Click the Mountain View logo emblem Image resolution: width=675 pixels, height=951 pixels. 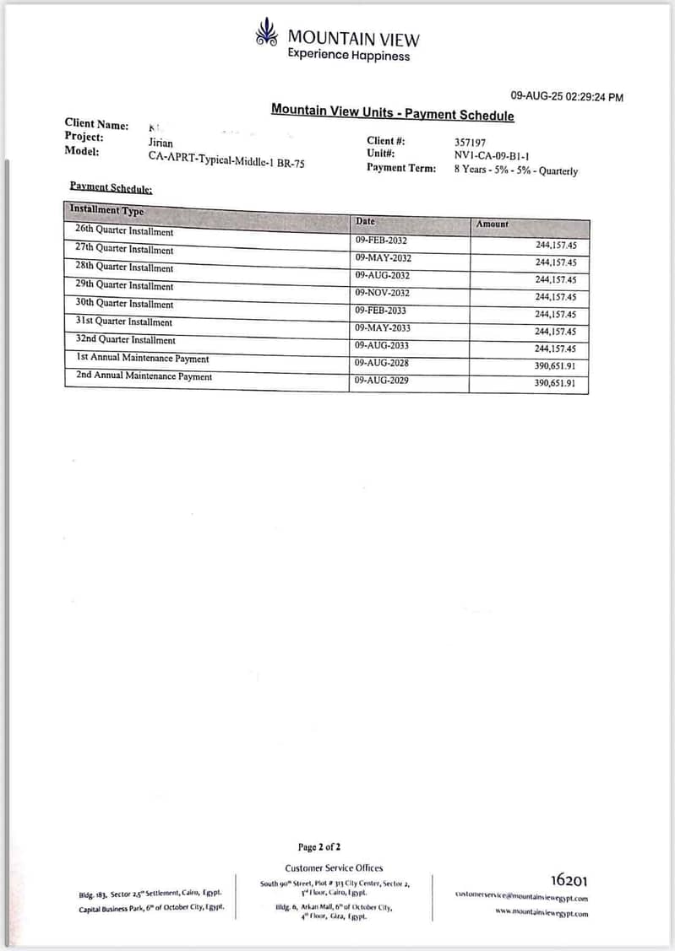[x=266, y=33]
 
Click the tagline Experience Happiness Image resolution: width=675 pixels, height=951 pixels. [x=348, y=56]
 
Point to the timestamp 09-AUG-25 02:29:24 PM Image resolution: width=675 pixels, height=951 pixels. [x=567, y=98]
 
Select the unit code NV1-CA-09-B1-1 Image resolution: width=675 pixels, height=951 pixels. [x=492, y=156]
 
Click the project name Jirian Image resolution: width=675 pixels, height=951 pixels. [x=161, y=143]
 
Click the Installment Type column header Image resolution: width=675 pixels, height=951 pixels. [x=106, y=210]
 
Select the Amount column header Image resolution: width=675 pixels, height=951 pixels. [x=493, y=224]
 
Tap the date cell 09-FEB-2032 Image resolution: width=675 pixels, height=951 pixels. [x=381, y=240]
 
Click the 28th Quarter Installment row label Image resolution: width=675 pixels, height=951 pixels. [x=123, y=267]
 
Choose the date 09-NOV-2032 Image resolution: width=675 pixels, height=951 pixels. [x=383, y=293]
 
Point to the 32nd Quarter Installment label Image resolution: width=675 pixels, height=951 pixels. [x=125, y=340]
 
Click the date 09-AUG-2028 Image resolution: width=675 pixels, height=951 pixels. [x=382, y=363]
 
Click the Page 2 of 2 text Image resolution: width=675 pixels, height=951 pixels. [x=319, y=846]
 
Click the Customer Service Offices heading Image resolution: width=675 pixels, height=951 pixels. [x=334, y=867]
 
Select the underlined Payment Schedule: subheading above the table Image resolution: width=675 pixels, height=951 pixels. [x=111, y=187]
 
